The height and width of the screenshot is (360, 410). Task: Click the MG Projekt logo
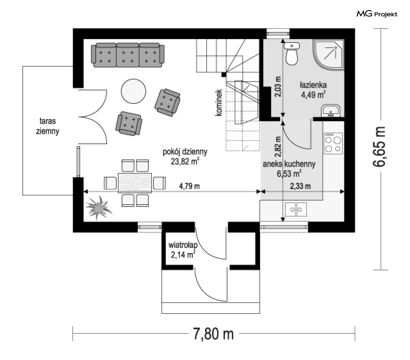377,14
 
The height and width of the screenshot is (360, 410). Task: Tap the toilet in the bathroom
292,54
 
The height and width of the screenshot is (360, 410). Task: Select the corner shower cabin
328,55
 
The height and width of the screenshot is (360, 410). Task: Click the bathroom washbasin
331,110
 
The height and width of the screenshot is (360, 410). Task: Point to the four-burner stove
333,143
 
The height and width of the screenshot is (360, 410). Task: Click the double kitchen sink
296,209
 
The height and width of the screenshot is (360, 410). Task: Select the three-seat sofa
128,55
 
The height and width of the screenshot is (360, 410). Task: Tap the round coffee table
134,91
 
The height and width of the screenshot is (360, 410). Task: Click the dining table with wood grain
135,183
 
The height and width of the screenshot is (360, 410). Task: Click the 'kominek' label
218,102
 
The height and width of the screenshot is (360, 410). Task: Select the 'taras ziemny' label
48,126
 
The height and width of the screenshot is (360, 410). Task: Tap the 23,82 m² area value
185,161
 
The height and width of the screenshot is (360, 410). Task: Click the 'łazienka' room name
313,85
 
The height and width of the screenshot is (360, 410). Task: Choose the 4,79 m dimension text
189,186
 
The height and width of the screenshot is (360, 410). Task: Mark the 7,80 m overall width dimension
213,334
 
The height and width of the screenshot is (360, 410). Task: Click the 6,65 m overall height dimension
380,147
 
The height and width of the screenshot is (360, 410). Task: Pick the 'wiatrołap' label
183,245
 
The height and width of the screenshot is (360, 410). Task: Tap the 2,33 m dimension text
300,186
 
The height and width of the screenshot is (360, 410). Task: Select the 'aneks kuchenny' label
289,164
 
